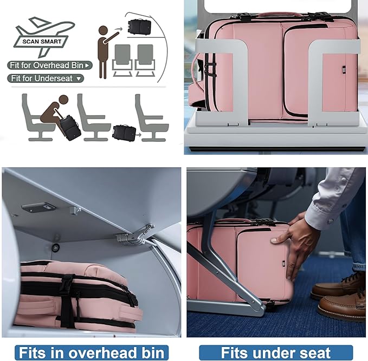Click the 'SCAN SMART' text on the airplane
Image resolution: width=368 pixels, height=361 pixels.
42,42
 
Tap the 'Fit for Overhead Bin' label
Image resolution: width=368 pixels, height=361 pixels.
50,65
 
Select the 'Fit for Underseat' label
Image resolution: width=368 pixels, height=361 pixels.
46,78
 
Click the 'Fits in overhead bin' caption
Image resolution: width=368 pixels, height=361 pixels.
92,353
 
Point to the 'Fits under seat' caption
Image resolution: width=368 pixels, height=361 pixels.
276,353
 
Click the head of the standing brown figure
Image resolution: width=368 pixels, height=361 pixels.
103,30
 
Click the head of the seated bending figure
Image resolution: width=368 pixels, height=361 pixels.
63,100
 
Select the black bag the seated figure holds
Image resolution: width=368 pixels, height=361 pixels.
70,128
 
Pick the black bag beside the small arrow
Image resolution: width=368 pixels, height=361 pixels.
125,133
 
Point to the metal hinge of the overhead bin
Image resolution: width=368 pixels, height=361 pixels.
135,235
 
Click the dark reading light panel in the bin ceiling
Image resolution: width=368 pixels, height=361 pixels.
38,207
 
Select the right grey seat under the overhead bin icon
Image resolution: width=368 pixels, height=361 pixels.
145,60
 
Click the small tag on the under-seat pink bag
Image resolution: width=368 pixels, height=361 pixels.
283,264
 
